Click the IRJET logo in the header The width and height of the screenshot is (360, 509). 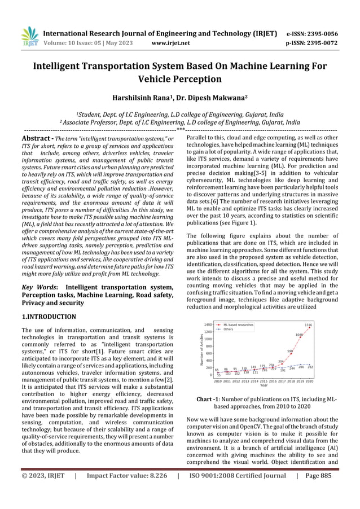[x=29, y=37]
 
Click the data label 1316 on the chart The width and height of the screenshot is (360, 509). [x=309, y=326]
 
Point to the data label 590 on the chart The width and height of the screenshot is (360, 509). [x=290, y=351]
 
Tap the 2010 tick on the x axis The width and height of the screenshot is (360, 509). [x=217, y=381]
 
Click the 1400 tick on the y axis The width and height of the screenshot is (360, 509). [x=208, y=325]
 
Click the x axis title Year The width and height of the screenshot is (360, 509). [x=264, y=386]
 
